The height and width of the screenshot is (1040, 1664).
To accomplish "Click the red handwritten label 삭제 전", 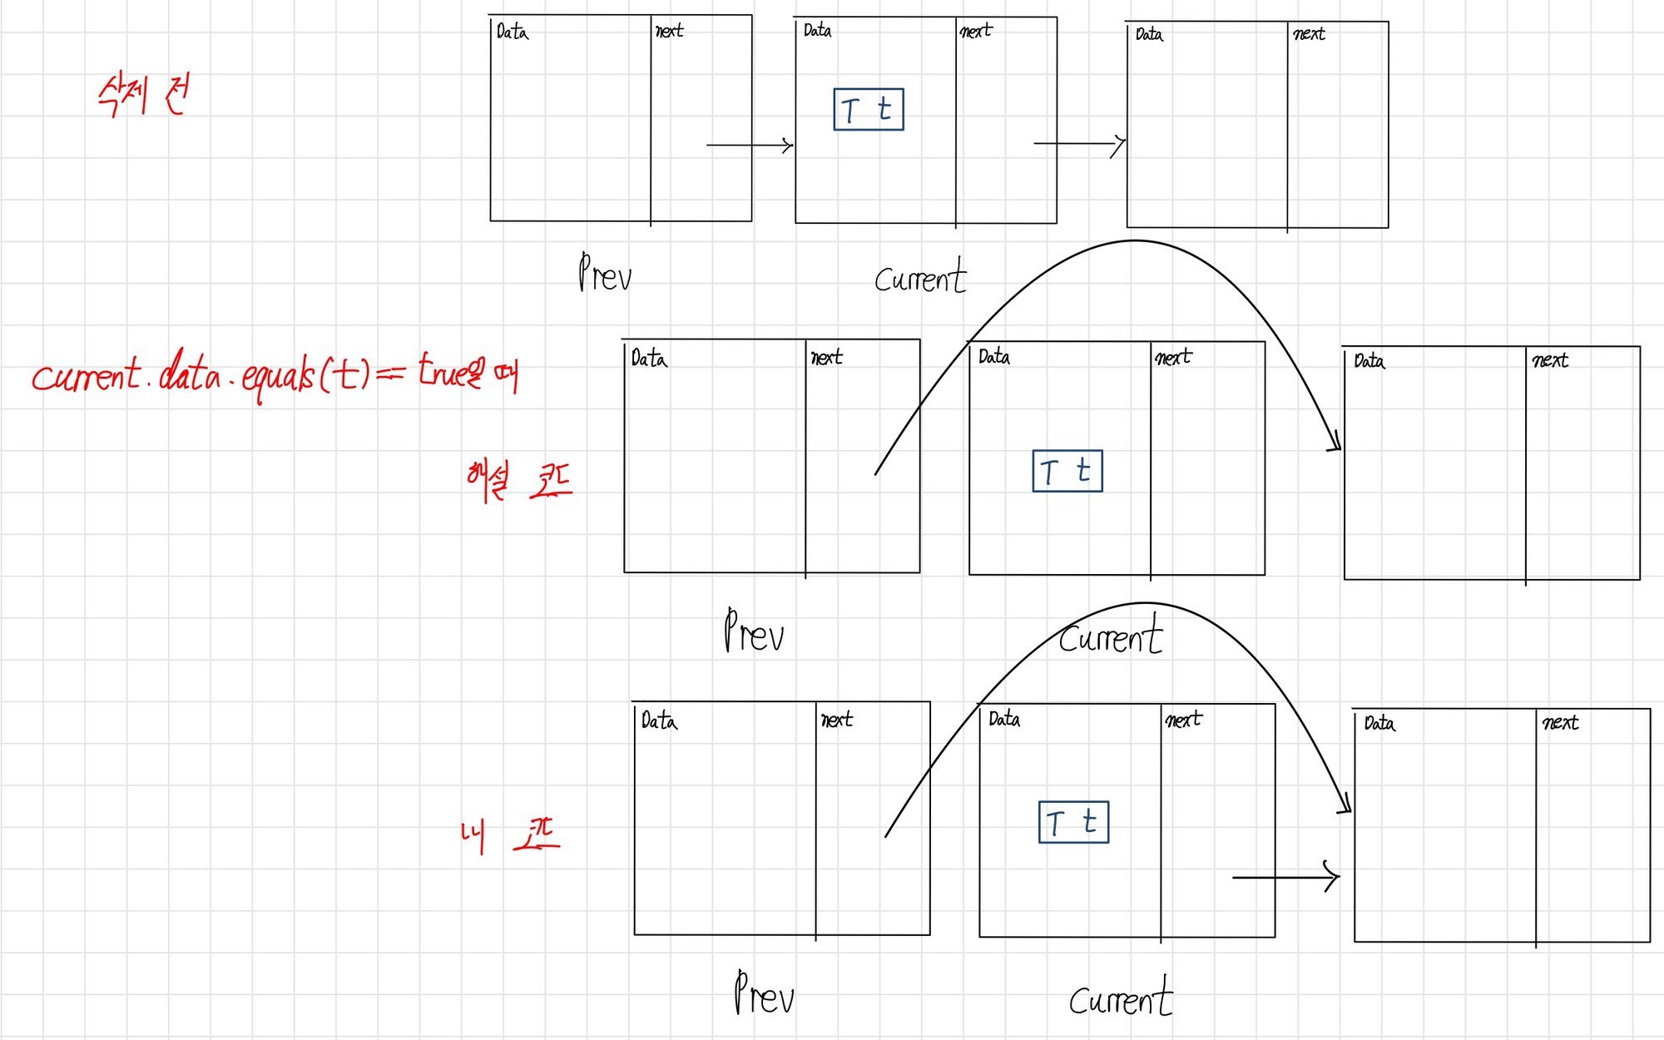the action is (x=143, y=95).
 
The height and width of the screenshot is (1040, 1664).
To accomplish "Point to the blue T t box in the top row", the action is (x=868, y=109).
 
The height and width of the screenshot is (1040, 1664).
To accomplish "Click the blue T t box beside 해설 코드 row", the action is (x=1067, y=471).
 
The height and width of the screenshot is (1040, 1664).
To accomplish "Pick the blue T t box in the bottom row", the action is (x=1073, y=822).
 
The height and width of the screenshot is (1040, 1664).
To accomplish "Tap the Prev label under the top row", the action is (x=605, y=273).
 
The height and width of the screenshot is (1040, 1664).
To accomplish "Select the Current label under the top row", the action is (x=920, y=276).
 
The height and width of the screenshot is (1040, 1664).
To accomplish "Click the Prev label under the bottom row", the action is (x=764, y=993).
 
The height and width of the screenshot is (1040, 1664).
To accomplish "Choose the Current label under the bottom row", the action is (x=1121, y=998).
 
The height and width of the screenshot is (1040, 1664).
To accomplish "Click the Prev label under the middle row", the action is (x=754, y=631).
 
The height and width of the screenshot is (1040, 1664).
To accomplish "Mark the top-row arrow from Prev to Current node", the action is (x=750, y=146).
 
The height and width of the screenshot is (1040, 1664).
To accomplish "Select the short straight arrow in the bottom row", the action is (x=1285, y=877).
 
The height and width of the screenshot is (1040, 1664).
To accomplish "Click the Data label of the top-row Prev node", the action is (x=512, y=32).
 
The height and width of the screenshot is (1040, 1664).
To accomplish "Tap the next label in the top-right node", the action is (x=1309, y=34).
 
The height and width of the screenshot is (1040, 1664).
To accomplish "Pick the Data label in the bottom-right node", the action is (x=1379, y=723).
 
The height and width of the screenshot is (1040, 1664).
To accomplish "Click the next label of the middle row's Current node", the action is (x=1173, y=358).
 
